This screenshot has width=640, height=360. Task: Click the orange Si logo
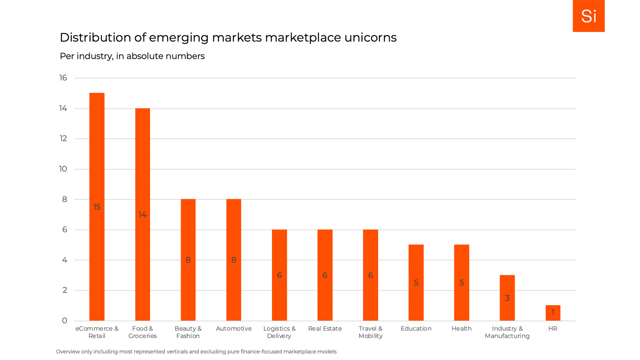(x=588, y=16)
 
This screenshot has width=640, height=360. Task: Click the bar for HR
(x=553, y=313)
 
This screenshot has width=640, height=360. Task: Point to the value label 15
(x=97, y=207)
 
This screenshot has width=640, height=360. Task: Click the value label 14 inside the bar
(x=142, y=215)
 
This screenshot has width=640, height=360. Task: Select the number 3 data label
(x=507, y=298)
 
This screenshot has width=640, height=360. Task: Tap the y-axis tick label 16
(x=63, y=78)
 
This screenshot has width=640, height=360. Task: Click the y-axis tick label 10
(x=63, y=169)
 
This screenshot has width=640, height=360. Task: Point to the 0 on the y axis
(x=64, y=320)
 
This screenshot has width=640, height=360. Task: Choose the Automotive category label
(x=234, y=328)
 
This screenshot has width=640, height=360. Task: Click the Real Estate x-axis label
(x=325, y=328)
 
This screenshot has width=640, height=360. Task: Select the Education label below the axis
(x=416, y=328)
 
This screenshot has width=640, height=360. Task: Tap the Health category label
(x=462, y=328)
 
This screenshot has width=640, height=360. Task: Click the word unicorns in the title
(x=370, y=38)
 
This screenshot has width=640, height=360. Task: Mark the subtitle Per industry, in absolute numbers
(x=132, y=56)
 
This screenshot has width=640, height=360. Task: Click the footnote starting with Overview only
(x=196, y=352)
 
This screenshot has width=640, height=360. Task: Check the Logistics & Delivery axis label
(x=279, y=332)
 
